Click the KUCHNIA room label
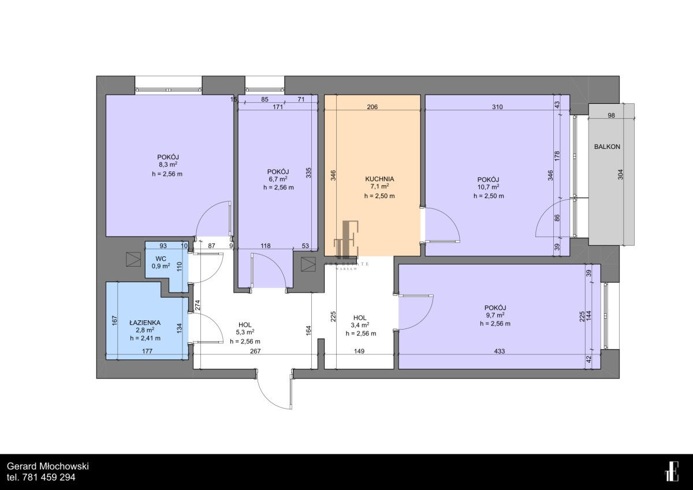click(x=379, y=179)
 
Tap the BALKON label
click(x=607, y=147)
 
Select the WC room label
click(x=161, y=259)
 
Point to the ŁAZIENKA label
click(x=145, y=322)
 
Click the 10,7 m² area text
click(x=489, y=187)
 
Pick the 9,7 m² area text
click(x=495, y=315)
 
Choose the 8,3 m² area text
click(x=167, y=164)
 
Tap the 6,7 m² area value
click(x=278, y=179)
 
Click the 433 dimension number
click(x=500, y=351)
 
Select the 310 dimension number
click(x=497, y=107)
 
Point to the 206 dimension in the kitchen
click(x=372, y=107)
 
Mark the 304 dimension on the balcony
click(x=621, y=175)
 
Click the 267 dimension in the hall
click(x=255, y=351)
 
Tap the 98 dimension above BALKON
click(x=612, y=115)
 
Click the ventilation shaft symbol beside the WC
click(x=133, y=259)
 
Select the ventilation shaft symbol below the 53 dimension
click(x=308, y=264)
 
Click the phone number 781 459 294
click(x=49, y=477)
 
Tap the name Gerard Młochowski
click(x=47, y=466)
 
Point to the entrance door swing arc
click(x=270, y=399)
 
